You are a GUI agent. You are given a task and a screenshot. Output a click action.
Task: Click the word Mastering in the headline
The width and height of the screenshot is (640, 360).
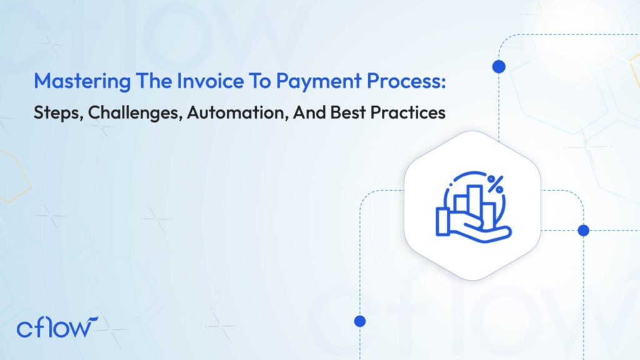(69, 81)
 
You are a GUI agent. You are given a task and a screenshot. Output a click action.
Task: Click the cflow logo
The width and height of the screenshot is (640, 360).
(57, 327)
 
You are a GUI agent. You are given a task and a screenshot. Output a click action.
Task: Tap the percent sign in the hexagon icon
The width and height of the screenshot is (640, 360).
(496, 183)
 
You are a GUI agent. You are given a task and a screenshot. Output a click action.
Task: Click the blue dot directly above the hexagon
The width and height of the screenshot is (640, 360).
(499, 67)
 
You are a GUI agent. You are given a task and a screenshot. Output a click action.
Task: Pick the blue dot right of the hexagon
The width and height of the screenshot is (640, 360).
(584, 231)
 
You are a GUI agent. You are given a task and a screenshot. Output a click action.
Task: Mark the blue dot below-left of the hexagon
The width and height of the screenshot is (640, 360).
(359, 321)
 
